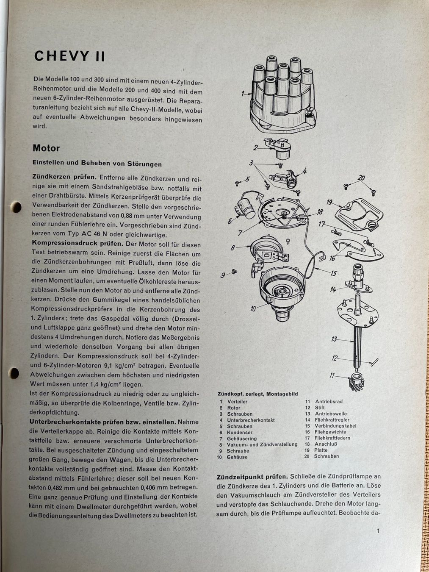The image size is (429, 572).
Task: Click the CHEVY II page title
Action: (x=69, y=56)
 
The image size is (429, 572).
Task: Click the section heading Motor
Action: (x=46, y=148)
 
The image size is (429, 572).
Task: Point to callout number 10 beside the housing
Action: (x=253, y=308)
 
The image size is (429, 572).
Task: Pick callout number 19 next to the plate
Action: (x=329, y=202)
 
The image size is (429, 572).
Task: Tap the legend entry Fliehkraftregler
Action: (x=332, y=420)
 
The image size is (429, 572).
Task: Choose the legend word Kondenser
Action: (x=240, y=432)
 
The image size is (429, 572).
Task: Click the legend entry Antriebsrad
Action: (x=329, y=401)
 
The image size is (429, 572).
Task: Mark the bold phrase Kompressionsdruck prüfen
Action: (x=77, y=244)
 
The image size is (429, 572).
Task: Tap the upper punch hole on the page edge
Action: (x=16, y=207)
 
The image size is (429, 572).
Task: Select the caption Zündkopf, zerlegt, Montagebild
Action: (x=257, y=394)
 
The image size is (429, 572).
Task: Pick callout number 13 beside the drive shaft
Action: (x=334, y=339)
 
